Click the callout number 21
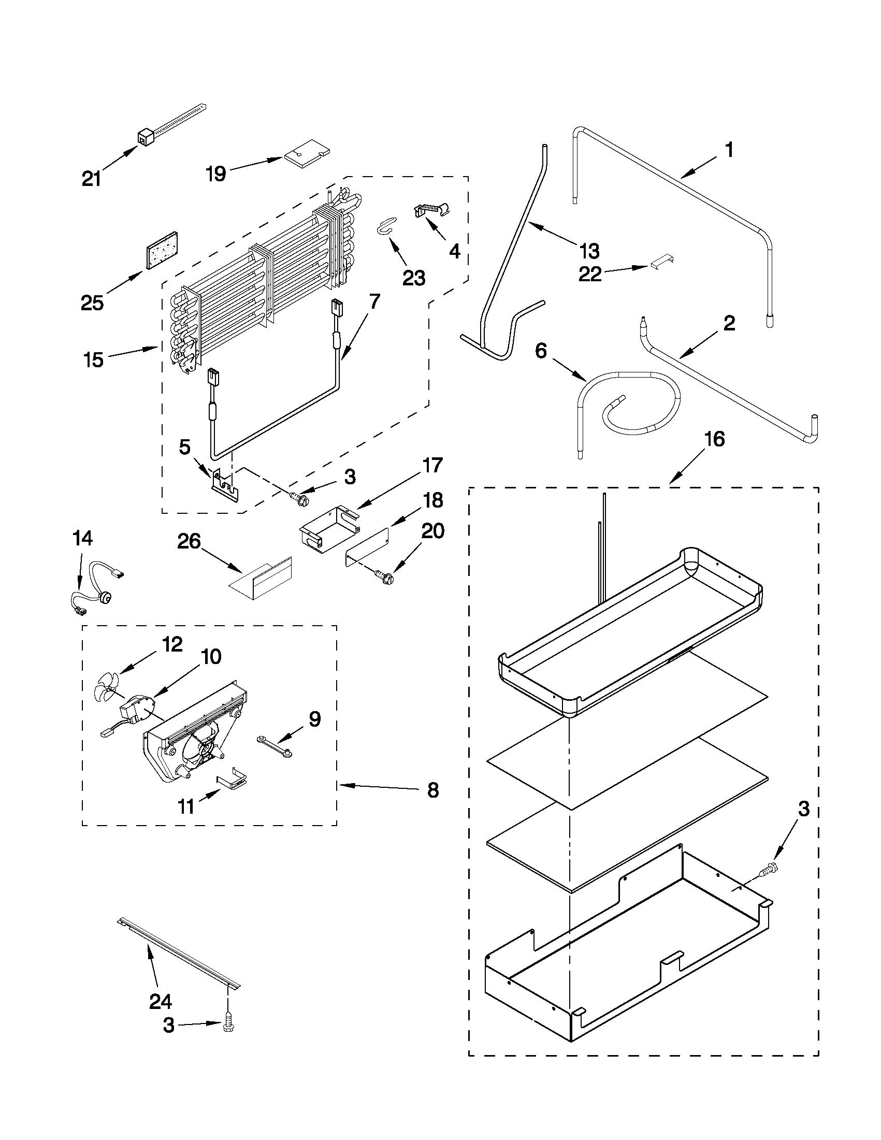(91, 179)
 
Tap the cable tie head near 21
(144, 138)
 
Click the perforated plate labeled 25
(162, 250)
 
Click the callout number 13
(589, 251)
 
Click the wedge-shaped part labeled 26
(261, 576)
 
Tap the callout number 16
(714, 439)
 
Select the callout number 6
(541, 351)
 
